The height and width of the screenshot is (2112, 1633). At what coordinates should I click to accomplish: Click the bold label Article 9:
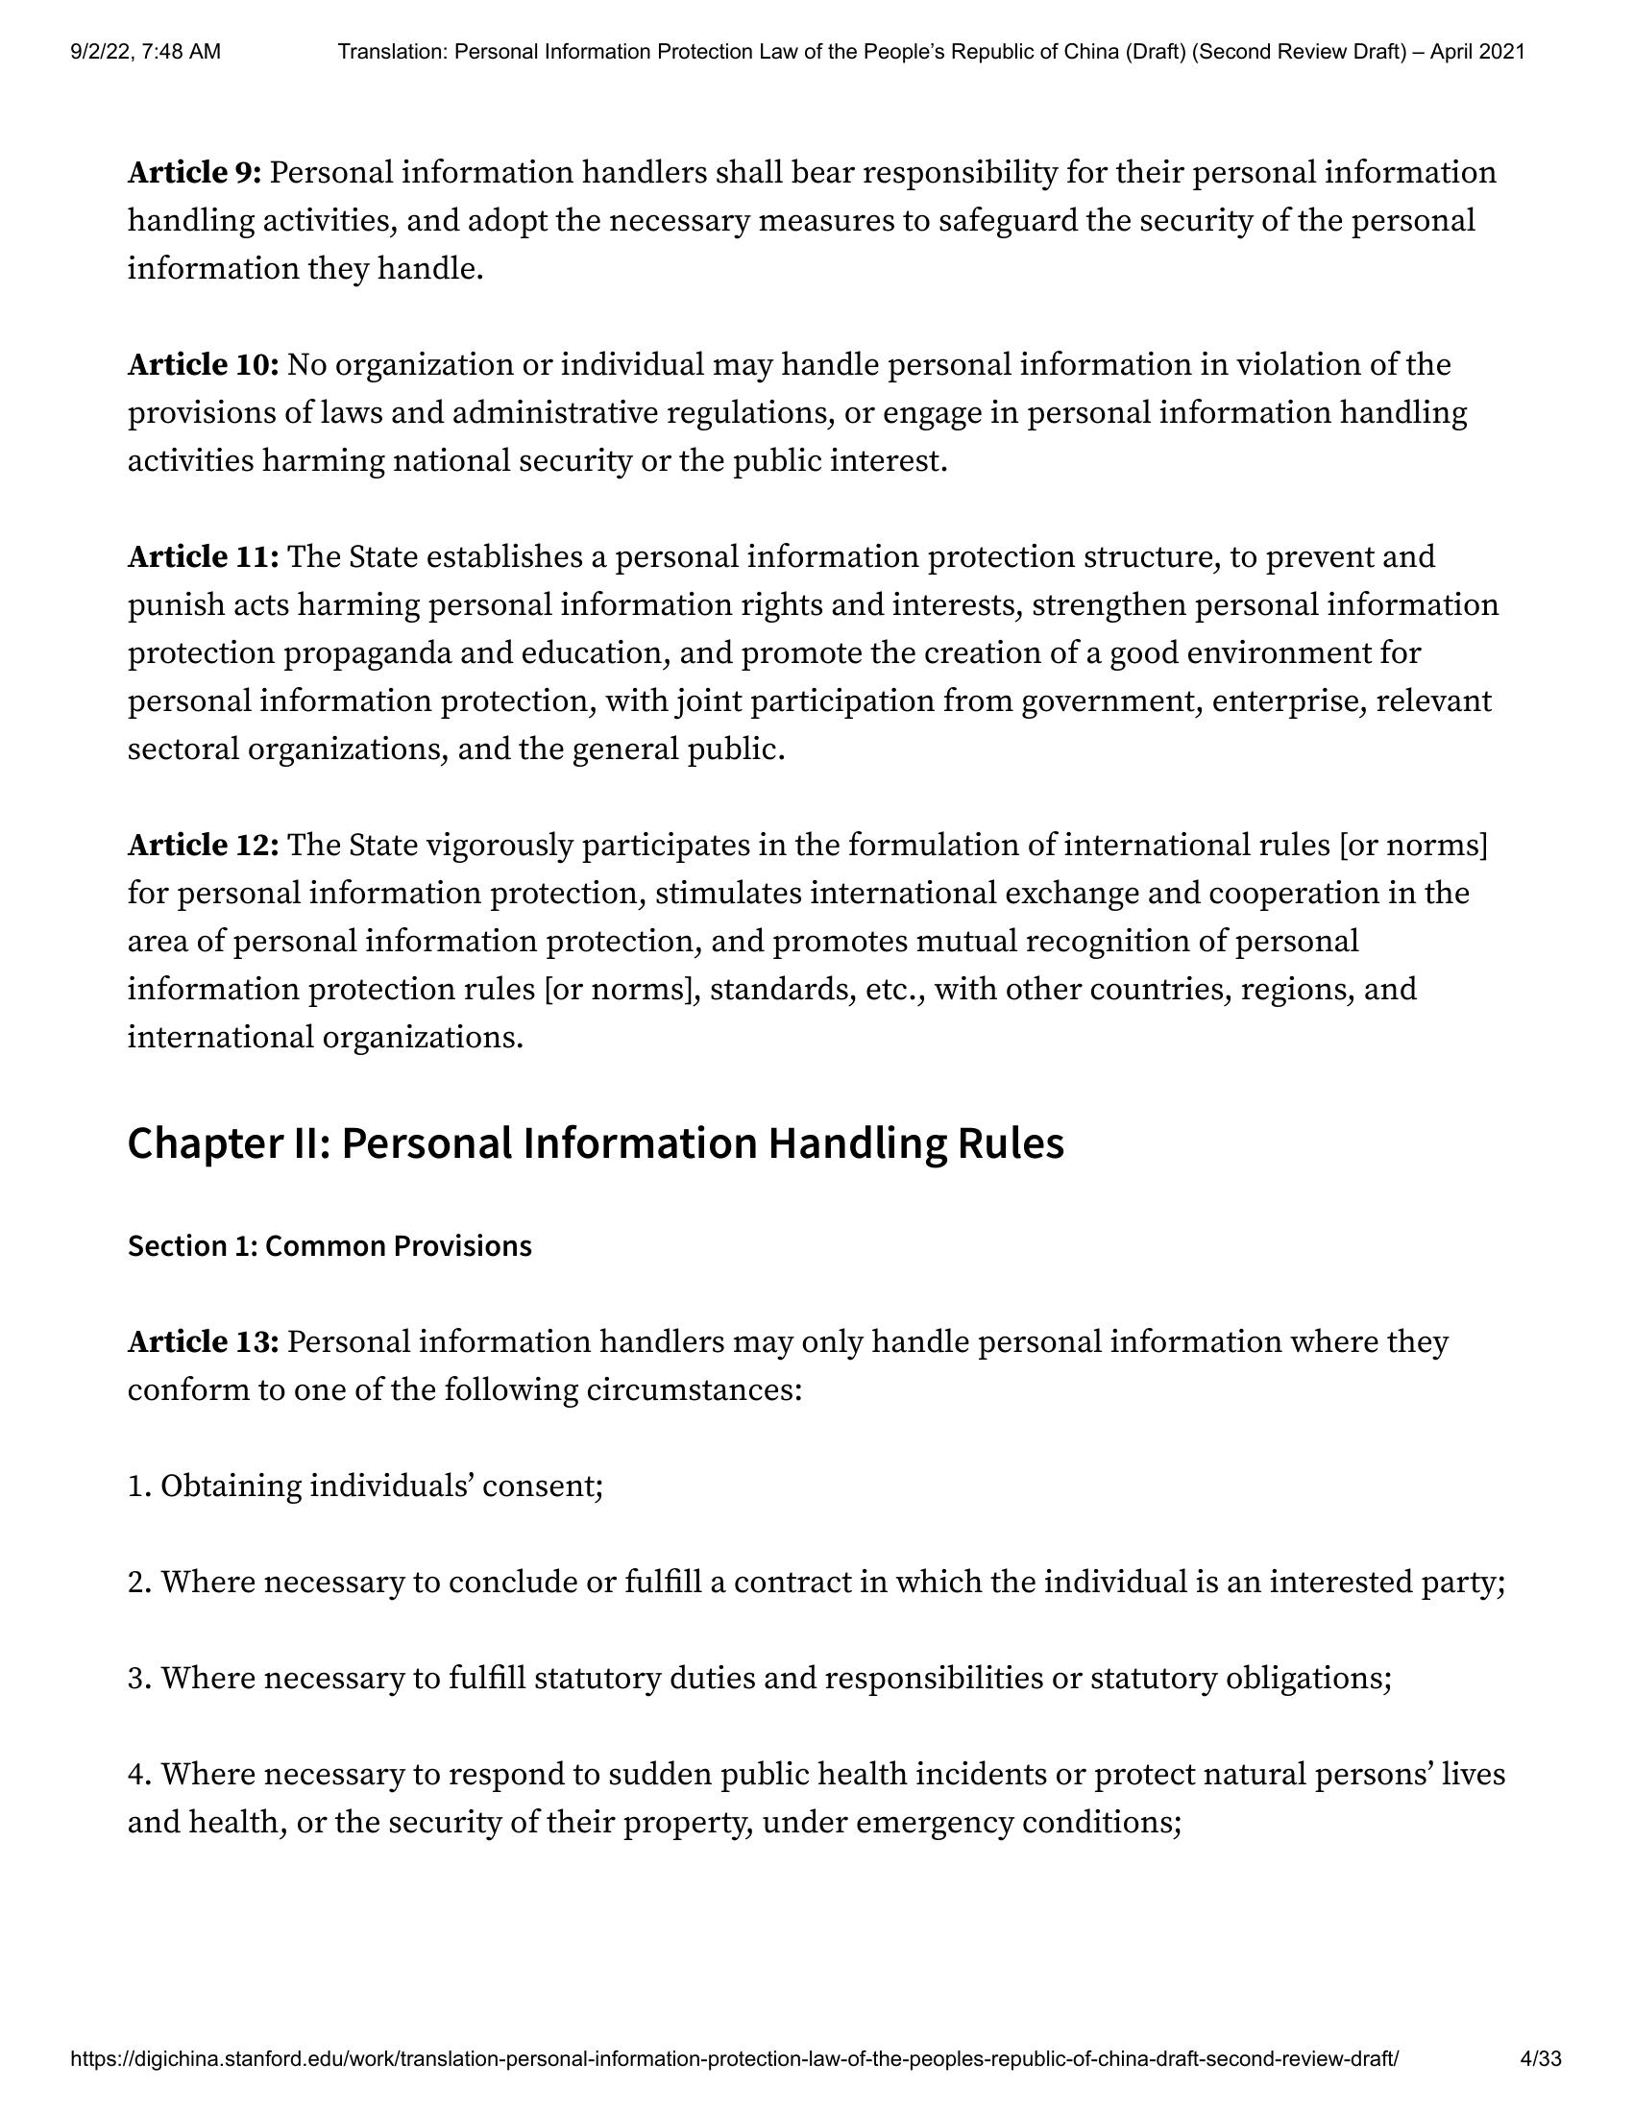tap(194, 173)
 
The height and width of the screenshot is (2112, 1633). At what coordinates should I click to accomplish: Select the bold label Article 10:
tap(203, 365)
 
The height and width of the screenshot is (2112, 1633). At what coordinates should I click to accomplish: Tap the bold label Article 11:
tap(203, 558)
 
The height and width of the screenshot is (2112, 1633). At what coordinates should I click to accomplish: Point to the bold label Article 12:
tap(203, 847)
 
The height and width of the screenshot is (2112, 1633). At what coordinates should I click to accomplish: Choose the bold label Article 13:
tap(203, 1343)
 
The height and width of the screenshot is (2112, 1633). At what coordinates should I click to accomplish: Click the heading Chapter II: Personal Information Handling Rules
tap(596, 1143)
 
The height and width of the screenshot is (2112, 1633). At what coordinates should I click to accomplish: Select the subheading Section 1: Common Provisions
tap(329, 1246)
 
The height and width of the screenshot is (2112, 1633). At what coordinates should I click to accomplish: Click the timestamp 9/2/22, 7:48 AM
tap(145, 52)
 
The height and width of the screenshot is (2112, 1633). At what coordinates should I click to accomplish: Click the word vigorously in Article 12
tap(499, 847)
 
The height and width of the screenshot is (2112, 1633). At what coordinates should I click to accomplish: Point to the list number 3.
tap(138, 1679)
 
